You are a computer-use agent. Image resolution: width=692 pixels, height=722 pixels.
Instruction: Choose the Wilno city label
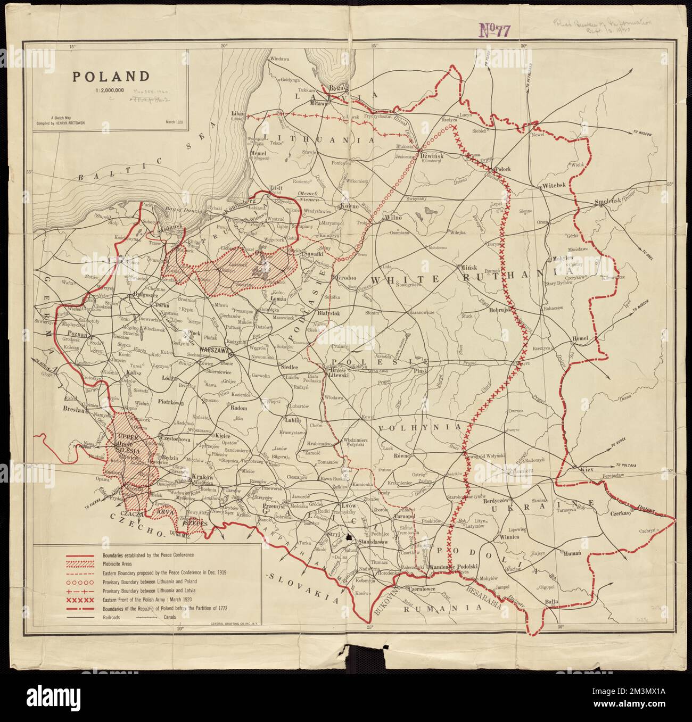[x=393, y=218]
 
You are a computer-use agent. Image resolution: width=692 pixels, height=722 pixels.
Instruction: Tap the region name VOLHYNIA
[x=419, y=427]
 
